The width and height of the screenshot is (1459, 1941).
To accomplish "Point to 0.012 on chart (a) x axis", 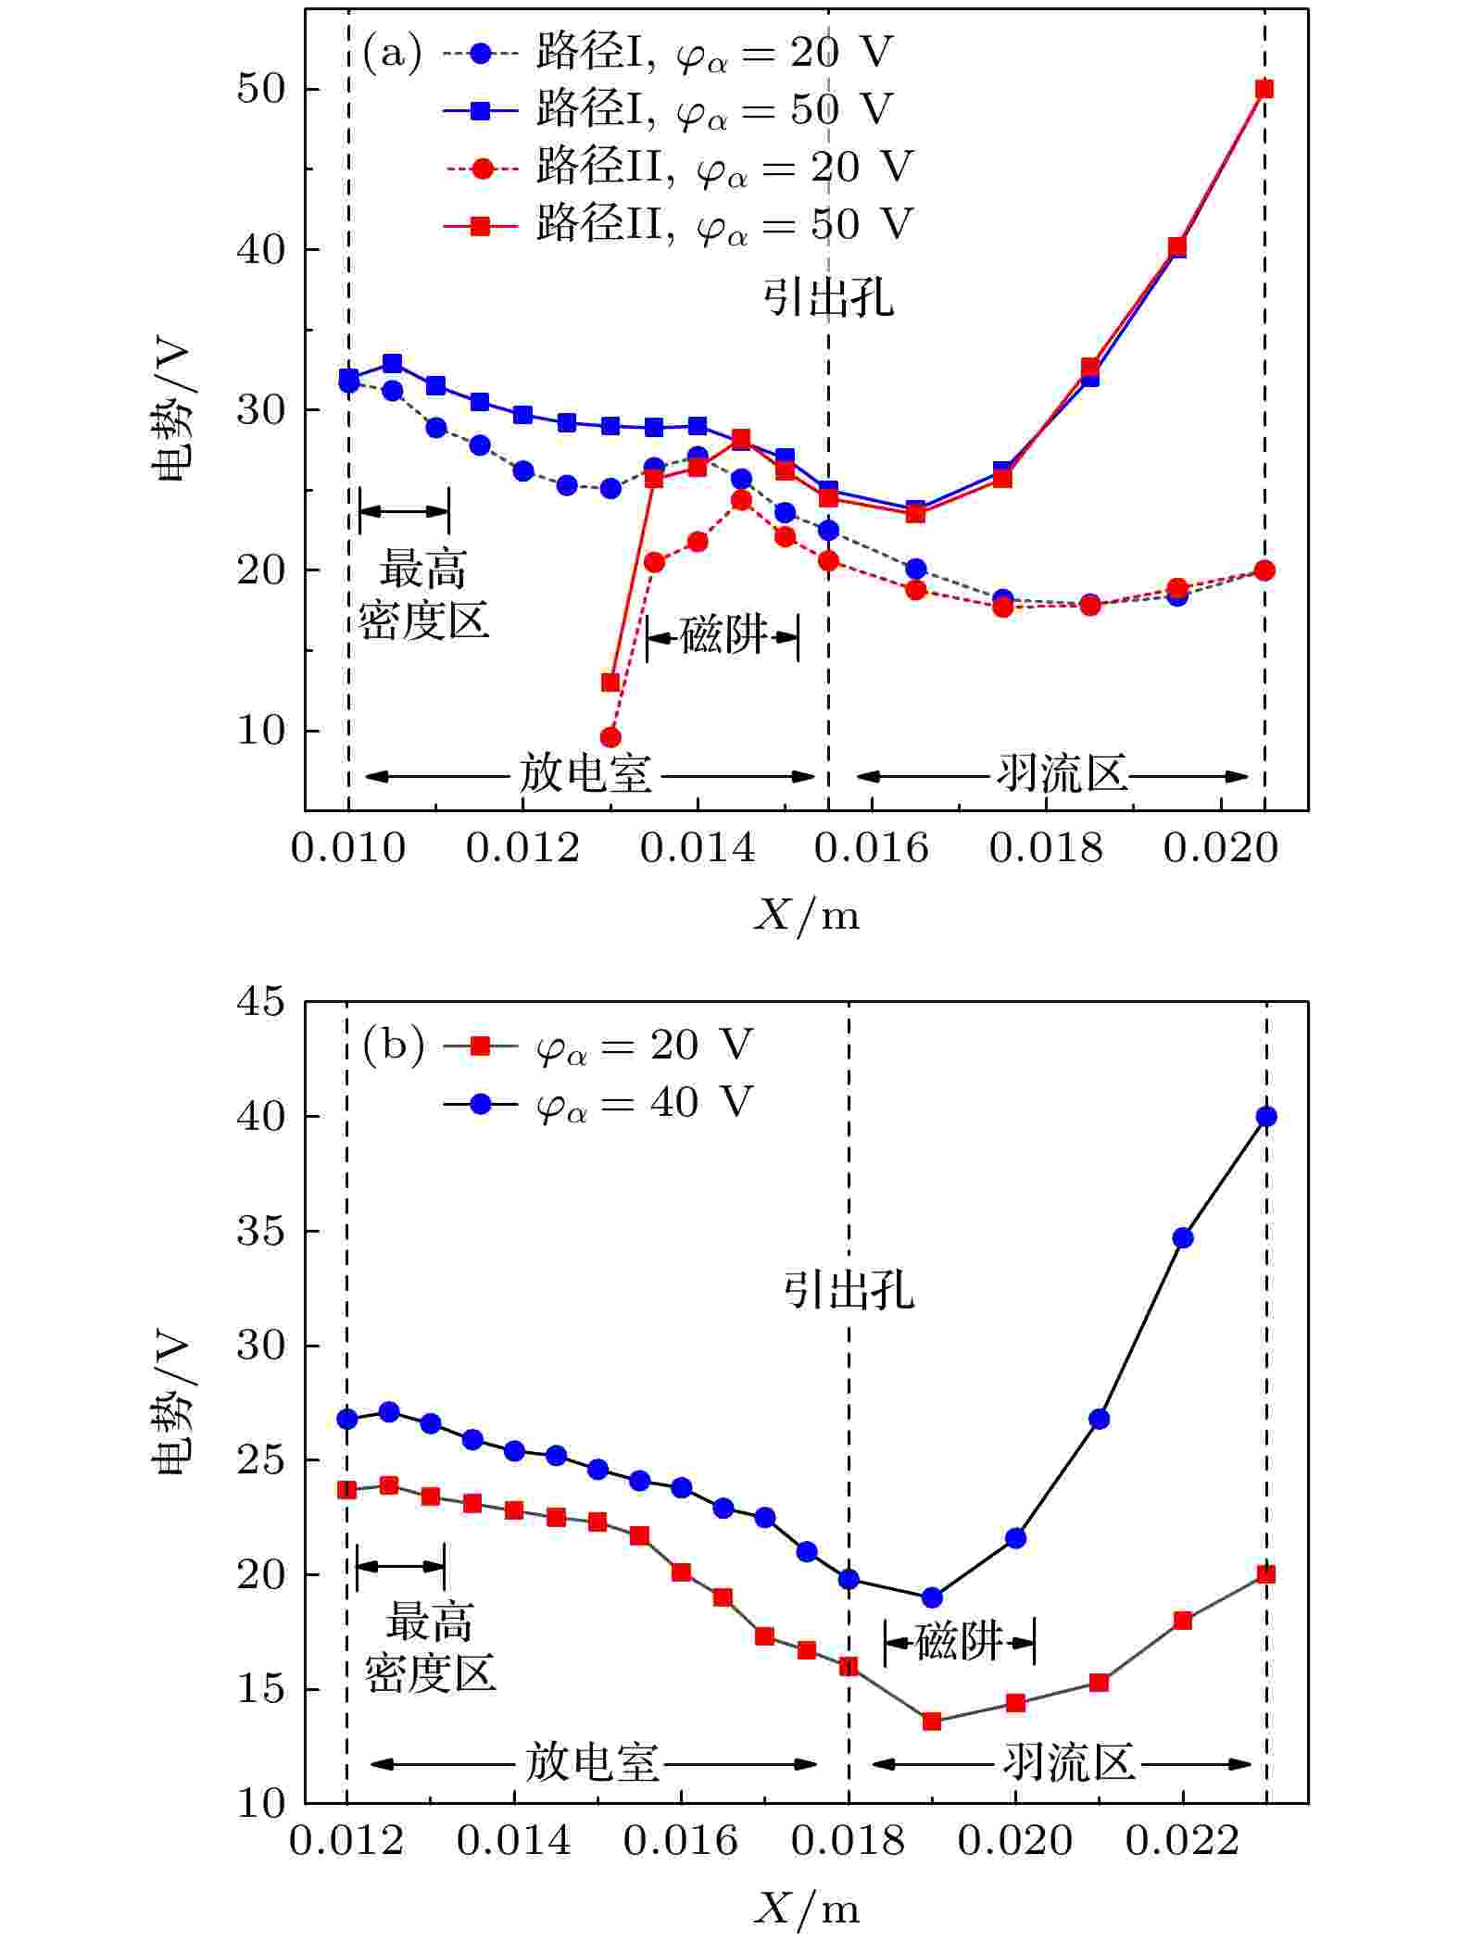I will pyautogui.click(x=522, y=847).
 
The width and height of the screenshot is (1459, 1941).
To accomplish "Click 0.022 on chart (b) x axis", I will pyautogui.click(x=1182, y=1840).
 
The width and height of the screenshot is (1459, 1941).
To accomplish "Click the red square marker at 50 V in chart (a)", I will pyautogui.click(x=1264, y=89).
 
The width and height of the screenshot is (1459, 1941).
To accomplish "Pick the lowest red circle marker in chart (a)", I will pyautogui.click(x=610, y=737).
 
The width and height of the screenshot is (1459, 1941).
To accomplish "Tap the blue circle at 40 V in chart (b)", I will pyautogui.click(x=1266, y=1117).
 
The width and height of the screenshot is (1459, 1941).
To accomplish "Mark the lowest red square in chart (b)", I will pyautogui.click(x=932, y=1722).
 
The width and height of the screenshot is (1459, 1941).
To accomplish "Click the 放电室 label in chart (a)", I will pyautogui.click(x=585, y=774).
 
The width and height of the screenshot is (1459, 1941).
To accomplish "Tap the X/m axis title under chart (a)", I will pyautogui.click(x=806, y=916).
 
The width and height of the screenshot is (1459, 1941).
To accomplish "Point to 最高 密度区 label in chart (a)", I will pyautogui.click(x=423, y=595).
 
